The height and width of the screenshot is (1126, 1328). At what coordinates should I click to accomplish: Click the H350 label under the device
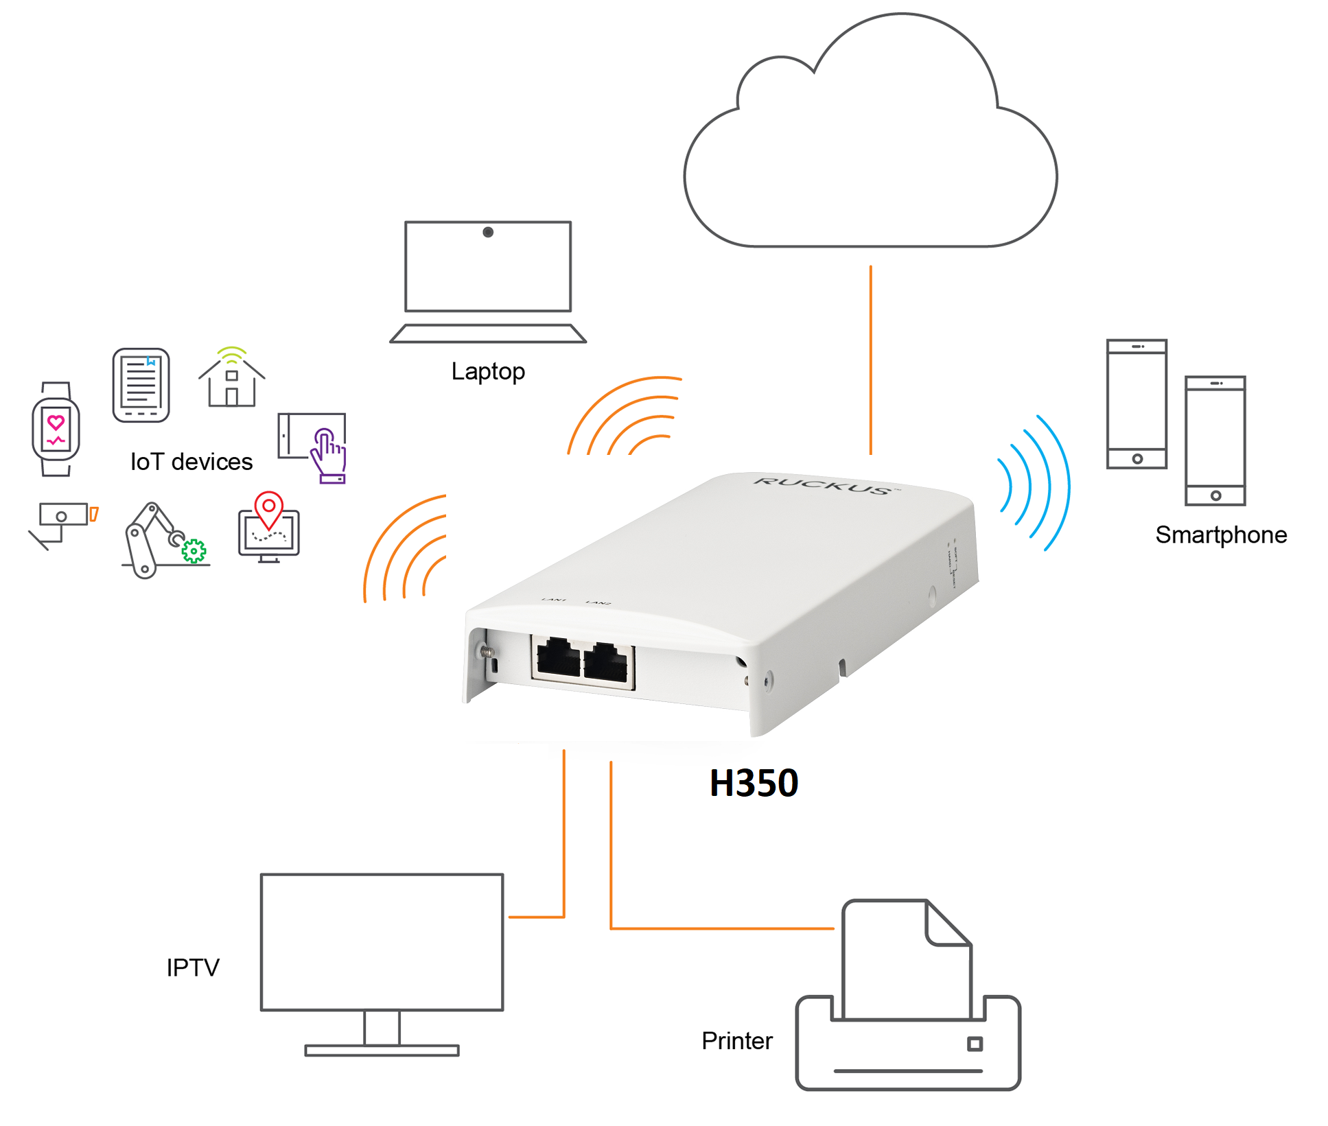[753, 783]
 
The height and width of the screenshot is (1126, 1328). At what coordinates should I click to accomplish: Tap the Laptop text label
[487, 371]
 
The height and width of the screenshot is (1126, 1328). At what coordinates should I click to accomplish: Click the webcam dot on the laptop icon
[488, 233]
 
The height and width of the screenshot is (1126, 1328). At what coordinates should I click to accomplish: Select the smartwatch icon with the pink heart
[56, 429]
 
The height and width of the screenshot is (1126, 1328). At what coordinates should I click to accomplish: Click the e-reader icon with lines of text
[141, 385]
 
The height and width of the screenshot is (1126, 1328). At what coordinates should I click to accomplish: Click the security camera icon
[62, 521]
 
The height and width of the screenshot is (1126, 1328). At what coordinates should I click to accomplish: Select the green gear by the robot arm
[194, 550]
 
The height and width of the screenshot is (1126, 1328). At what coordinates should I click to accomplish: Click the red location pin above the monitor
[269, 508]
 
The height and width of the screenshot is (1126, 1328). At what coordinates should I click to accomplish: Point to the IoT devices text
[191, 462]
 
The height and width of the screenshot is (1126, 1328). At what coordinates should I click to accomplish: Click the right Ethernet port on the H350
[606, 664]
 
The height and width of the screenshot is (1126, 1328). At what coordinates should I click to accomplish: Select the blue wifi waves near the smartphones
[1033, 484]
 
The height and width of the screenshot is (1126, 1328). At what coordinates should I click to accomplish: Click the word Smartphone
[1220, 535]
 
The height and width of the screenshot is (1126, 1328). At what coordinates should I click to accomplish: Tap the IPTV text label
[193, 967]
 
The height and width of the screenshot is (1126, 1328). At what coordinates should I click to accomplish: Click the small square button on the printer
[974, 1044]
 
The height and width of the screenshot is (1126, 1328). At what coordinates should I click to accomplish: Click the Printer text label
[736, 1041]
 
